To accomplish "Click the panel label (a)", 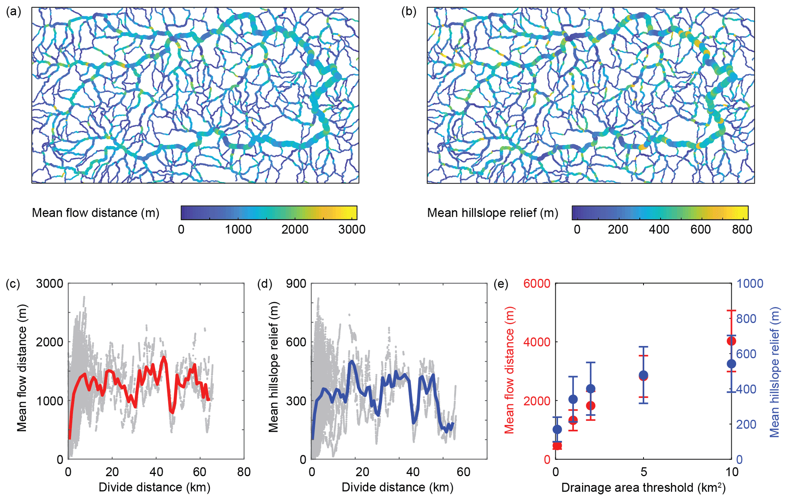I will [x=13, y=12].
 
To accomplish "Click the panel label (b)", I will [x=409, y=12].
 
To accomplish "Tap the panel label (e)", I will [x=501, y=284].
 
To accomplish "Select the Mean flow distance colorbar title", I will [x=95, y=213].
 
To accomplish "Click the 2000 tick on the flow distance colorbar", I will [x=295, y=229].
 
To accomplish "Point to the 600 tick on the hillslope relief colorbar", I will [x=701, y=229].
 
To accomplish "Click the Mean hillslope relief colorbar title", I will [x=493, y=213].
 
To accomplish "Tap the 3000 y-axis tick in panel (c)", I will [x=50, y=284].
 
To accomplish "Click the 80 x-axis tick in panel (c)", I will [x=244, y=472].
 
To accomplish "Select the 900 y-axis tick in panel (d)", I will [x=296, y=284].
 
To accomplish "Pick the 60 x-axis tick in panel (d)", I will [x=464, y=472].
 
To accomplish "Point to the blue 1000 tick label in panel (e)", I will [x=749, y=284].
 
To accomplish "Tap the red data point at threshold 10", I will [x=731, y=341].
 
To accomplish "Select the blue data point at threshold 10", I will [x=731, y=364].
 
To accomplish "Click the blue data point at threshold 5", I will [x=644, y=375].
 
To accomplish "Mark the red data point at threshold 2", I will [x=591, y=406].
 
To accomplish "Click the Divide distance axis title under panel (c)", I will [x=154, y=488].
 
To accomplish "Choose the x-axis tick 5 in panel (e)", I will [x=644, y=472].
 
